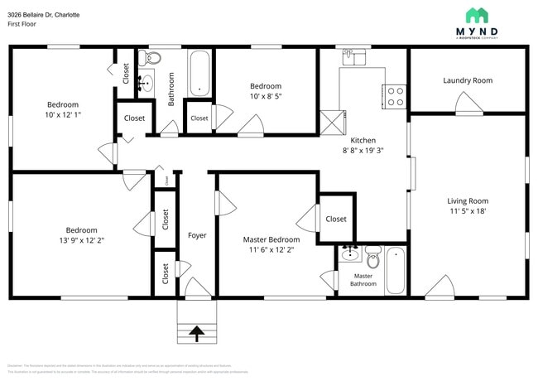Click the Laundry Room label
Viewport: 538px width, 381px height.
click(467, 80)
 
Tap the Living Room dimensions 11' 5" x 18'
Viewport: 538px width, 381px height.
click(468, 212)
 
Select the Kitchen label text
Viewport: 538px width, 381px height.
click(363, 140)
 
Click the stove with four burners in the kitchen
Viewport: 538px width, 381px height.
click(395, 96)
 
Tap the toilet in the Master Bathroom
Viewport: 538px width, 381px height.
click(372, 258)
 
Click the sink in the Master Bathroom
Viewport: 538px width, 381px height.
click(349, 253)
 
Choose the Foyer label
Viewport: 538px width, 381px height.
click(197, 235)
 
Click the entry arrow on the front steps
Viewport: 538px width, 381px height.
click(197, 334)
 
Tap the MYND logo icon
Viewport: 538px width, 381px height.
click(476, 15)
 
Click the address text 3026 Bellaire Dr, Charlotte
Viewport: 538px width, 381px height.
click(44, 15)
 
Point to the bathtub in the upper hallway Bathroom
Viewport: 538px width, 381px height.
click(199, 74)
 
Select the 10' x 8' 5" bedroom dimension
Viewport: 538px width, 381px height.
click(266, 96)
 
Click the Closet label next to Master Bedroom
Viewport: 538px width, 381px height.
click(335, 219)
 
